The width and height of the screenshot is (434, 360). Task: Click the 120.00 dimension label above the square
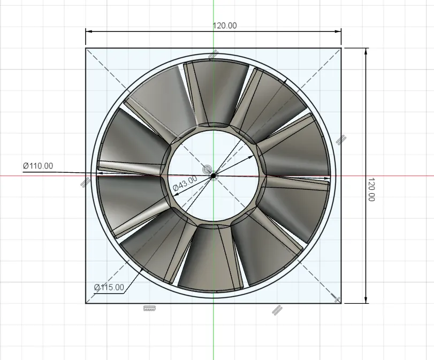click(x=225, y=26)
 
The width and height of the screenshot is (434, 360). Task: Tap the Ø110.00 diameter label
click(x=38, y=166)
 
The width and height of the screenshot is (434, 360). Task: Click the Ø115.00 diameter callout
click(x=109, y=287)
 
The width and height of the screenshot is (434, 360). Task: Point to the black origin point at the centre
click(x=213, y=175)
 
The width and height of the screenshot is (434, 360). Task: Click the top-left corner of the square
click(x=86, y=48)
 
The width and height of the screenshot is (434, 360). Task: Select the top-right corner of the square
click(x=341, y=48)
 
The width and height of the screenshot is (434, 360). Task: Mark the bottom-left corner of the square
click(x=86, y=303)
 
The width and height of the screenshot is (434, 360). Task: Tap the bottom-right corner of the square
click(x=341, y=303)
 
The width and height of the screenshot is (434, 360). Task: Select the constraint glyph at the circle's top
click(x=214, y=54)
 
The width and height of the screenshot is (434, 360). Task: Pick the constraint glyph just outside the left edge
click(x=85, y=182)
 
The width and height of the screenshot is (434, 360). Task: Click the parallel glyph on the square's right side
click(x=341, y=140)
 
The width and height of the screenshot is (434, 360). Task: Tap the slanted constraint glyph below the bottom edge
click(x=277, y=310)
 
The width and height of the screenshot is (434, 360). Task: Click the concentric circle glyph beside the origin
click(x=207, y=170)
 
